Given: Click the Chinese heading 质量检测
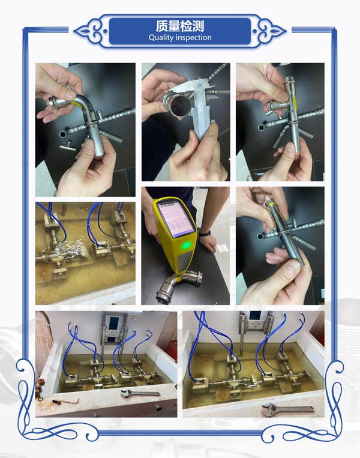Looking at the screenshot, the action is tap(179, 26).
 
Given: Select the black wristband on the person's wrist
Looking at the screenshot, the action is tap(206, 234).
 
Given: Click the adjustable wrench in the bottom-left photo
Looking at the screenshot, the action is tap(140, 393).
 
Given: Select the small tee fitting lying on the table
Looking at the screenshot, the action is tap(68, 145).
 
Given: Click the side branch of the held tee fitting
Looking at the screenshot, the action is tap(275, 106).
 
